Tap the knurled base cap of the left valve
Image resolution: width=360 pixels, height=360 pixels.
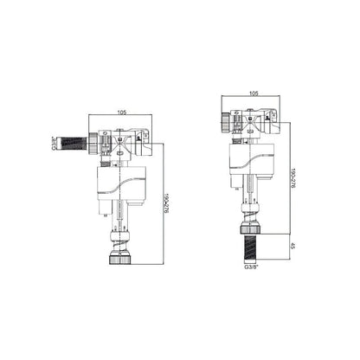pyautogui.click(x=119, y=260)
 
